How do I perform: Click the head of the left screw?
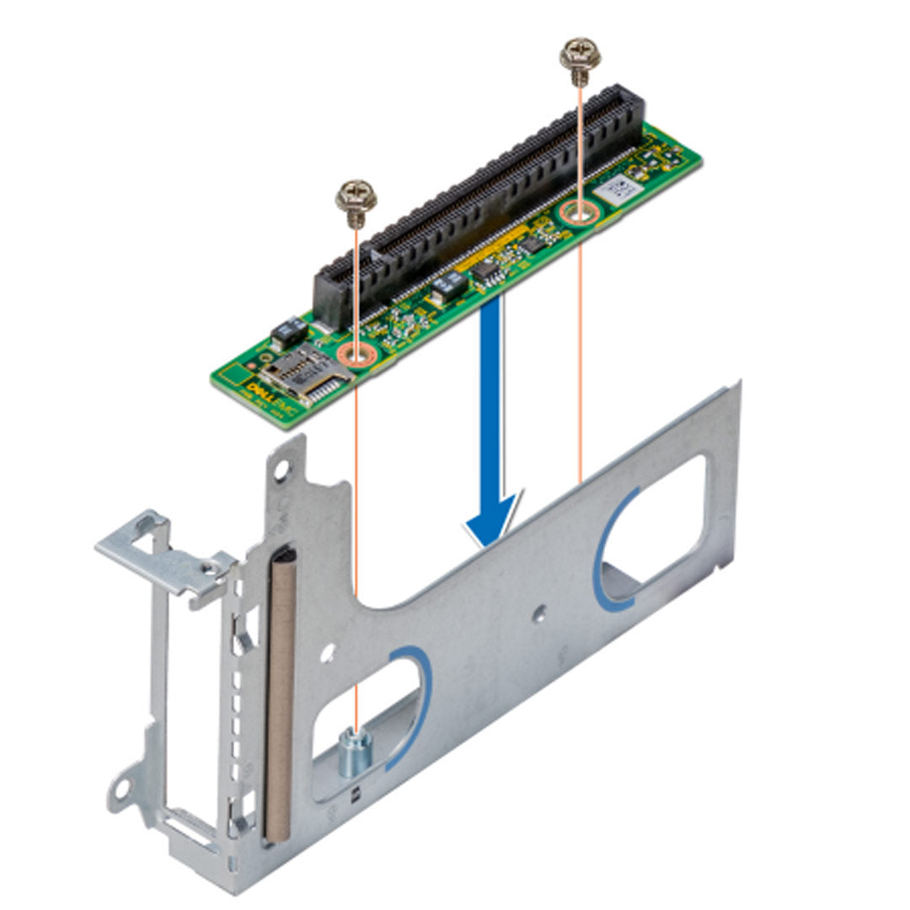(356, 195)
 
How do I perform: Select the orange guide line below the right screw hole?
(580, 354)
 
